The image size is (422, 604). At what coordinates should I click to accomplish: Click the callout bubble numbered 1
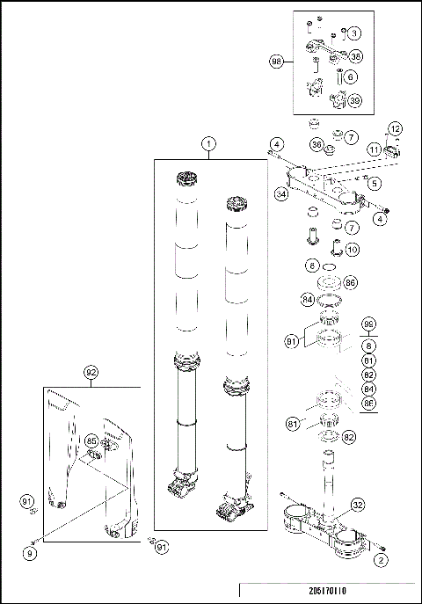coord(208,142)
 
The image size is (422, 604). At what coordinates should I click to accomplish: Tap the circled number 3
coord(353,33)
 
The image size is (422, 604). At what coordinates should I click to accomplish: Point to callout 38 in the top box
coord(356,55)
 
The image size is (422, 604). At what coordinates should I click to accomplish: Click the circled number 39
coord(356,100)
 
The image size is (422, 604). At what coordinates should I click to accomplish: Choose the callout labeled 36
coord(316,143)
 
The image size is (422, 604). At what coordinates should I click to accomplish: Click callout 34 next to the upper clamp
coord(280,193)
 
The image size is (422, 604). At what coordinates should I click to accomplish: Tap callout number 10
coord(351,250)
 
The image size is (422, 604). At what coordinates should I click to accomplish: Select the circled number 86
coord(350,283)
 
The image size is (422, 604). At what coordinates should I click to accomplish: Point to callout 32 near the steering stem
coord(357,505)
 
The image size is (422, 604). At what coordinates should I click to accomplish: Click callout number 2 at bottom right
coord(381,558)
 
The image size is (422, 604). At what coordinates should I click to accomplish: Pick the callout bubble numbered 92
coord(91,372)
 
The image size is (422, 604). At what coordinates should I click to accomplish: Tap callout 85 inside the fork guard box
coord(91,440)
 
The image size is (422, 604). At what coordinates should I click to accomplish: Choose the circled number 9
coord(30,554)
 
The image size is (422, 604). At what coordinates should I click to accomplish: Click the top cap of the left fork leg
coord(186,182)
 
